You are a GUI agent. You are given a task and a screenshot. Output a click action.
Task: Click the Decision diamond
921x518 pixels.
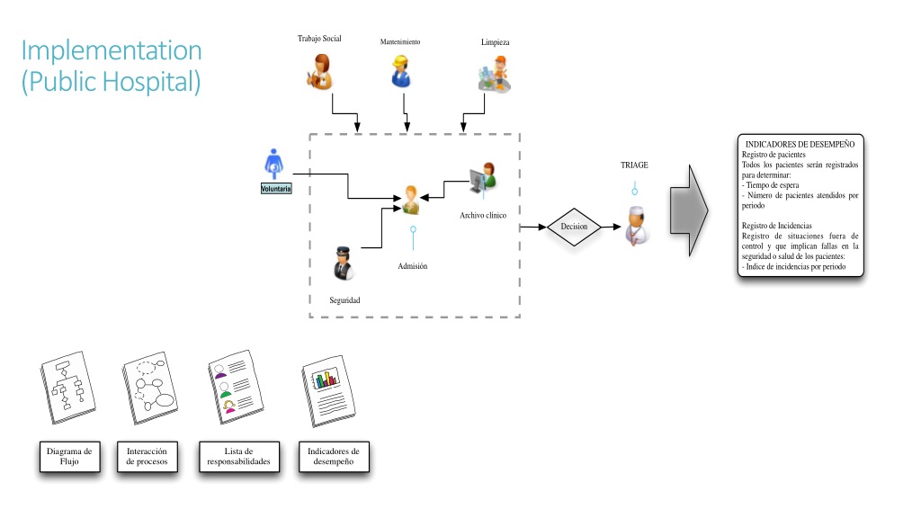coord(574,227)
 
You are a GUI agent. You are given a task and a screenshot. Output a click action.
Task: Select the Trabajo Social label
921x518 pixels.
coord(319,39)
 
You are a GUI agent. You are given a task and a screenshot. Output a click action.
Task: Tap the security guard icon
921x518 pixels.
coord(343,263)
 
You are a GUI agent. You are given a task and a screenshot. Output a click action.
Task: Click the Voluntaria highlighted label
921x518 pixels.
coord(276,189)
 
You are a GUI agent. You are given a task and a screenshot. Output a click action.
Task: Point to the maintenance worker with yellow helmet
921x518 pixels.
coord(400,72)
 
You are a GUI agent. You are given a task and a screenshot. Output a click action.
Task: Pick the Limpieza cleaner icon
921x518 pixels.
coord(495,74)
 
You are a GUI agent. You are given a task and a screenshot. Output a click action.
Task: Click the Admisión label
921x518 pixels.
coord(412,266)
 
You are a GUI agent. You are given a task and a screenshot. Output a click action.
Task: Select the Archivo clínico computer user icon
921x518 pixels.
coord(483,179)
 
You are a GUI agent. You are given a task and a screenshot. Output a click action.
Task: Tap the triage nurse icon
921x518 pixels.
coord(637,226)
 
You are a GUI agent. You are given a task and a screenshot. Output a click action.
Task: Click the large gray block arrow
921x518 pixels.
coord(689,210)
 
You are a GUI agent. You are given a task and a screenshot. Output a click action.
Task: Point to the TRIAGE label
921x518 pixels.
coord(634,165)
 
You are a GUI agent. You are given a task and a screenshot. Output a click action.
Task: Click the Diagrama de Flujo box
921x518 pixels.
coord(70,456)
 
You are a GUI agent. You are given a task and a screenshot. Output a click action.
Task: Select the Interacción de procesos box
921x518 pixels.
coord(147,456)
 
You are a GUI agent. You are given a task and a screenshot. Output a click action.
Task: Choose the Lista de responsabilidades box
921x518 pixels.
coord(239,456)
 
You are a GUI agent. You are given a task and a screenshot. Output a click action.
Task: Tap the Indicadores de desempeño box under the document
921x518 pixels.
coord(334,456)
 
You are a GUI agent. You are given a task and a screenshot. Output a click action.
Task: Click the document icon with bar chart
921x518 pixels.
coord(327,390)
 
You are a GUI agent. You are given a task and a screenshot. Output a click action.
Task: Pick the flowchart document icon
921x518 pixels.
coord(68,387)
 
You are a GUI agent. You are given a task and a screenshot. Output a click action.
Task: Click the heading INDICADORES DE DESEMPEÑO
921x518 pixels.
coord(800,145)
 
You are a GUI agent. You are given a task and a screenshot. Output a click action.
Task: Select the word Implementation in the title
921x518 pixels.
coord(112,50)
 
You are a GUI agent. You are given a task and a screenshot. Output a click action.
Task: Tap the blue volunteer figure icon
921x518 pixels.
coord(273,164)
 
